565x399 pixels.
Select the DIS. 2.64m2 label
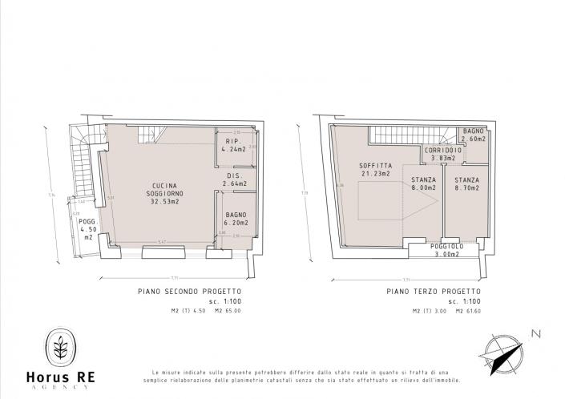tap(234, 179)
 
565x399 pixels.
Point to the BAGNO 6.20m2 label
tap(235, 219)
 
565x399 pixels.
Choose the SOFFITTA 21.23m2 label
tap(375, 170)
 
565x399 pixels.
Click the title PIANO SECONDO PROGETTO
tap(189, 292)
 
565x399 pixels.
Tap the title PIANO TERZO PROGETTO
tap(434, 292)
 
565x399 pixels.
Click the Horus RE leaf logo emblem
tap(59, 347)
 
